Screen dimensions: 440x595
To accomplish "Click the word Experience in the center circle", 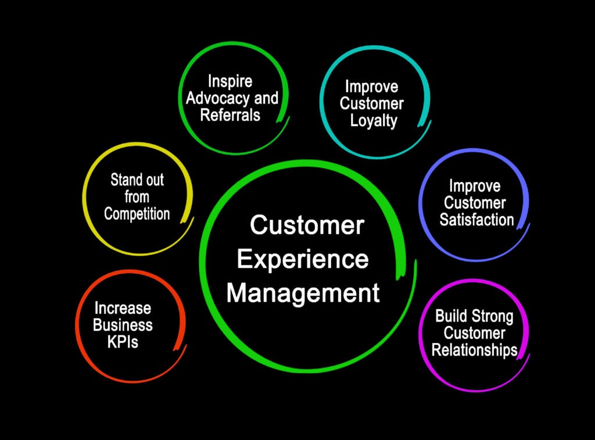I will pos(303,259).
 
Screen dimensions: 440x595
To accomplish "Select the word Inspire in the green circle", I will pos(230,81).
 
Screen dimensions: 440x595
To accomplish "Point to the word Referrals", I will pos(230,115).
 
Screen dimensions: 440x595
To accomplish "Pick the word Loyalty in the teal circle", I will pos(372,121).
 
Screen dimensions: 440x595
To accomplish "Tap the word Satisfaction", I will pos(476,220).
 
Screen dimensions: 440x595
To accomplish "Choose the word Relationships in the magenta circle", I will pos(474,350).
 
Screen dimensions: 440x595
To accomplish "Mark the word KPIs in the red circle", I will pos(123,342).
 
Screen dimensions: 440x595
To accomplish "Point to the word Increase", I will pos(123,307).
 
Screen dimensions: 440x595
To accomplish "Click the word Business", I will pos(123,324).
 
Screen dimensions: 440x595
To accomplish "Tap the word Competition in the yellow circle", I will pos(137,214).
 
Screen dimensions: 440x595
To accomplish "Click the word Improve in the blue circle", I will pos(474,186).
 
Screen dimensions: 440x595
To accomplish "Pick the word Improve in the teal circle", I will pos(372,87).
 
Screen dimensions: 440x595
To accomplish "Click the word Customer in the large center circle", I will pos(307,225).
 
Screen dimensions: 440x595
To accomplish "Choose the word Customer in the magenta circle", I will pos(474,333).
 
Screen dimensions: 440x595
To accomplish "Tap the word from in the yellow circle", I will pos(137,197).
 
